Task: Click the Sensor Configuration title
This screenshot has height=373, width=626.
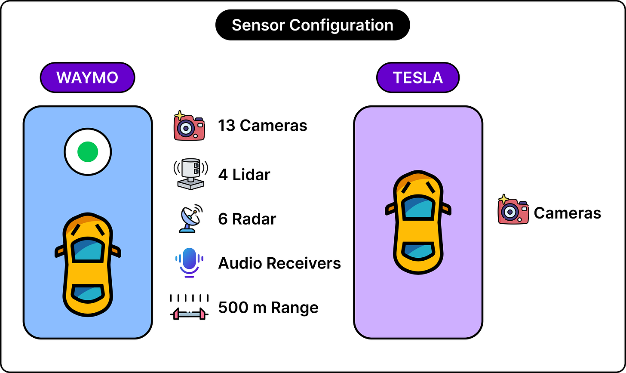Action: pos(313,25)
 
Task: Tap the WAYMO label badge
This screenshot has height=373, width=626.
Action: pos(87,77)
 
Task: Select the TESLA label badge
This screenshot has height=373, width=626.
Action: pos(418,77)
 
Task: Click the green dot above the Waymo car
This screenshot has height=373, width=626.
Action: pos(88,152)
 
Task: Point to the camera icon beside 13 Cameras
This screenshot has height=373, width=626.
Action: pos(189,126)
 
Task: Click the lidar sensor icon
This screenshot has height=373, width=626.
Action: pos(191,174)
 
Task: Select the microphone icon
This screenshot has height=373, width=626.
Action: pos(189,263)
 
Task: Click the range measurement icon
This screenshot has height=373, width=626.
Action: pos(189,307)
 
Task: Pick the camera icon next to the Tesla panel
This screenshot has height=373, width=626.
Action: pos(513,210)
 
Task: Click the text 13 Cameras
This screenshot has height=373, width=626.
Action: pos(262,125)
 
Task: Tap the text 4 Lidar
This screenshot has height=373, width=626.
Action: pos(244,175)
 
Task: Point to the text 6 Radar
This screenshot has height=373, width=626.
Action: pos(247,219)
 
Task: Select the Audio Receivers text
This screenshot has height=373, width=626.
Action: pos(279,263)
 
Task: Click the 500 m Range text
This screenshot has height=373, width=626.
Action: pos(268,307)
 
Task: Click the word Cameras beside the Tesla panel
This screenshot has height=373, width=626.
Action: pos(568,213)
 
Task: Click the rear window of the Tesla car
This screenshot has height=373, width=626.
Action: pos(418,251)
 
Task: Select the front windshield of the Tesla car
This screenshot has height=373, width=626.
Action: pos(418,207)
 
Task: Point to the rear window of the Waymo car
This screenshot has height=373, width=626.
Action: pos(88,293)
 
